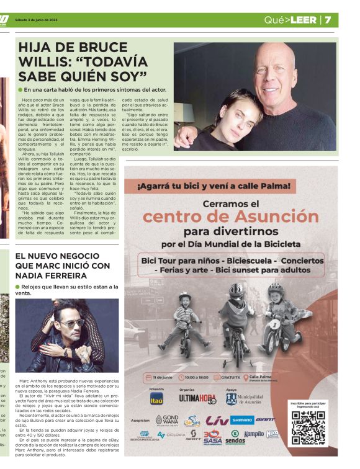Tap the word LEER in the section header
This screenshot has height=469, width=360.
pos(304,20)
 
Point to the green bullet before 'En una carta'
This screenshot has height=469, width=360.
pos(20,91)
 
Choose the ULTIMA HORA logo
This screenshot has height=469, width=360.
pos(197,400)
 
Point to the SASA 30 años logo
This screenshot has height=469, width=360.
pos(212,437)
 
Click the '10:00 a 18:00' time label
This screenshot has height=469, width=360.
pos(199,377)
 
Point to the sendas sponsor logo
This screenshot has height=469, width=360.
pos(235,437)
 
